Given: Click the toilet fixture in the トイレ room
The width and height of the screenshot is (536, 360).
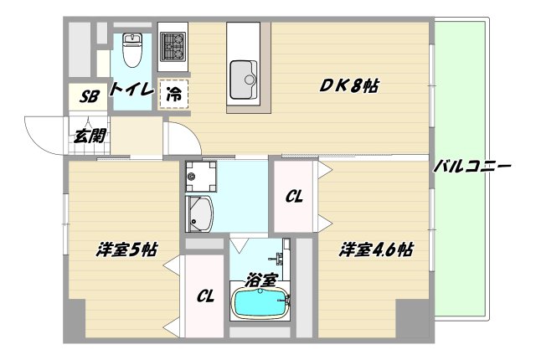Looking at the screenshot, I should (132, 52).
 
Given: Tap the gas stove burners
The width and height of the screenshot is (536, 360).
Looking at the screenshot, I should (173, 46).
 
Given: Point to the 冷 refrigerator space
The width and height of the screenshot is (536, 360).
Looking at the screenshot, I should (174, 95).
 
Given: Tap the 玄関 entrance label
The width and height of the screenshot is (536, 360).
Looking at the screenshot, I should (85, 135).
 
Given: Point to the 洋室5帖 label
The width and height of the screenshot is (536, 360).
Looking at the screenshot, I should (126, 249).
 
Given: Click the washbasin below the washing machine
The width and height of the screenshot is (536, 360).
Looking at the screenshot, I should (200, 213).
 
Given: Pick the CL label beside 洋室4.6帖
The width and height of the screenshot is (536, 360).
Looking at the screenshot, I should (293, 197).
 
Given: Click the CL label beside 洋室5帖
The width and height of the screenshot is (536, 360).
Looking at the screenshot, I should (205, 295).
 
